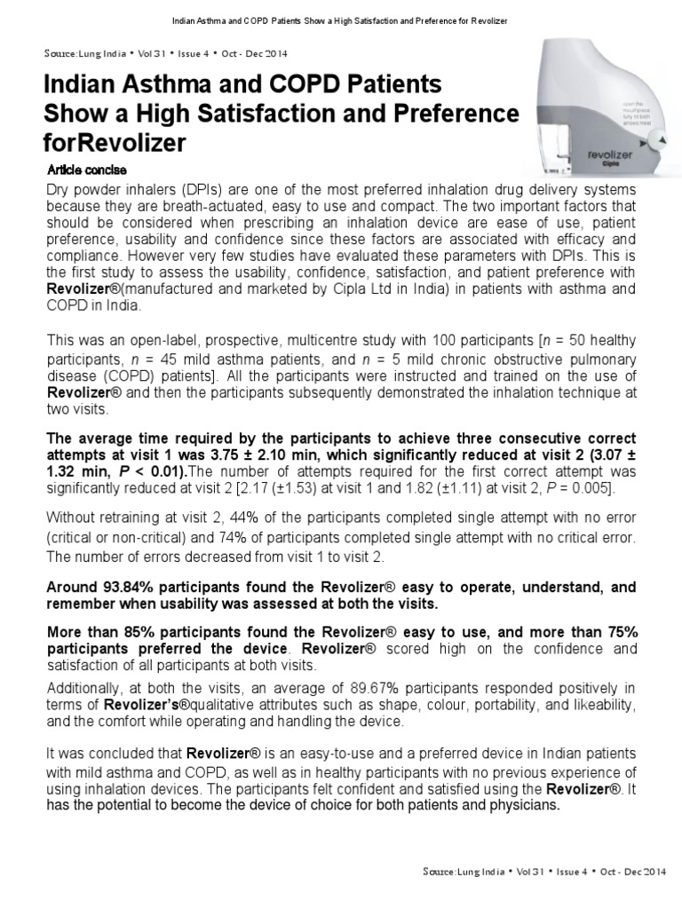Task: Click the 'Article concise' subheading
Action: coord(85,170)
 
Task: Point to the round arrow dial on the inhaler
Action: coord(658,140)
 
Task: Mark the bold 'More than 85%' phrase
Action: coord(92,630)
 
